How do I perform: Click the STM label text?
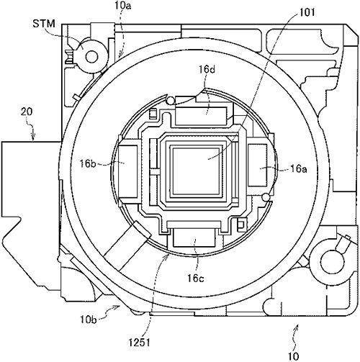pos(44,24)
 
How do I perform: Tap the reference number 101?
pos(307,12)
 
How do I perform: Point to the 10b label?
pos(89,320)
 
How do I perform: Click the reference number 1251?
pos(139,343)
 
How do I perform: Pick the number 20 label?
pos(27,112)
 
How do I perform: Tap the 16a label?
pos(298,169)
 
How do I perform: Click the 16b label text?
pos(88,164)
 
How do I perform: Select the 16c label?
pos(196,279)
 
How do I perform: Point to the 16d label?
pos(207,70)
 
